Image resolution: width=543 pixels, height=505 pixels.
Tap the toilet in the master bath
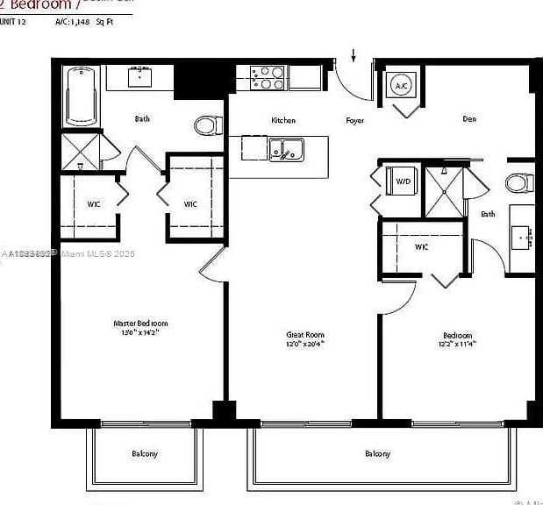click(207, 126)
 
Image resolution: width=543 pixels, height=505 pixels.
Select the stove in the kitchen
click(267, 78)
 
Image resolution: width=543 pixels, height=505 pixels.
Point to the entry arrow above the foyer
click(354, 55)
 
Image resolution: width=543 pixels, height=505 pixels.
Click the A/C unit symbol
click(401, 86)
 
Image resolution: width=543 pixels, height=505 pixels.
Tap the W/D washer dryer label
click(404, 181)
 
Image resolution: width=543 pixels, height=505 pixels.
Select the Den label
click(469, 119)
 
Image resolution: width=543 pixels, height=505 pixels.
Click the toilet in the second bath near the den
click(519, 183)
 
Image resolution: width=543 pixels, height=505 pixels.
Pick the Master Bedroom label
click(140, 324)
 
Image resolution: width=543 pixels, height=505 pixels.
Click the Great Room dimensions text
click(306, 345)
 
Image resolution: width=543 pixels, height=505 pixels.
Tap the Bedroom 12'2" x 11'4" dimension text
click(457, 345)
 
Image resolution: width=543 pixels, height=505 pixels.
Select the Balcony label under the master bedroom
click(145, 453)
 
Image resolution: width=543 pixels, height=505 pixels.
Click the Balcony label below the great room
click(377, 453)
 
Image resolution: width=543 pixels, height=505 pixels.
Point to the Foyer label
click(354, 120)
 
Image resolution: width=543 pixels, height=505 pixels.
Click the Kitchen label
click(283, 120)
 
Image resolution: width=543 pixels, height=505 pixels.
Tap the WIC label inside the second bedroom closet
click(421, 247)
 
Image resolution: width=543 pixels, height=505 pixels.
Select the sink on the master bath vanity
click(140, 78)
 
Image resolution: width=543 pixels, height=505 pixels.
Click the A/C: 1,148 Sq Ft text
click(86, 20)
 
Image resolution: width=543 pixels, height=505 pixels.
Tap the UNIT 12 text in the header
click(14, 20)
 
